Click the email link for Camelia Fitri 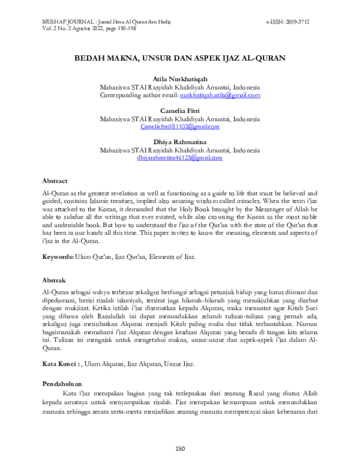click(x=179, y=127)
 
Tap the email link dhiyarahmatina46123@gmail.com click(x=179, y=158)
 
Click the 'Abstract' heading click(x=55, y=180)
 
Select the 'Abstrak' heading click(x=54, y=280)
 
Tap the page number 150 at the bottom click(x=179, y=448)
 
